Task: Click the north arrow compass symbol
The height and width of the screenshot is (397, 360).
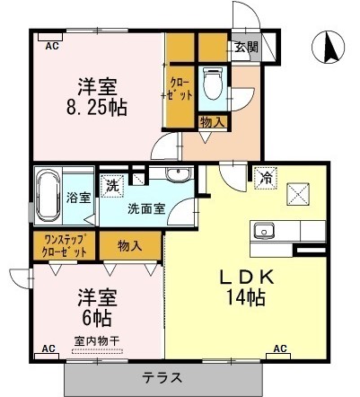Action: [x=329, y=45]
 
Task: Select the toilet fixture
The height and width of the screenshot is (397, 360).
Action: [x=213, y=85]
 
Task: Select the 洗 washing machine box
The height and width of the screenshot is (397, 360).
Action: [x=111, y=186]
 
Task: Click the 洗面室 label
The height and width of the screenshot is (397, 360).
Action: [x=145, y=209]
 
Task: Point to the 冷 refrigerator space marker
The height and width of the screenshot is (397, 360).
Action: [x=265, y=178]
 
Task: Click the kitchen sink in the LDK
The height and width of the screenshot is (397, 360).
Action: [x=265, y=231]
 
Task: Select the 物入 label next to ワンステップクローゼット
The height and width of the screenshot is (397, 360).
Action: [x=129, y=245]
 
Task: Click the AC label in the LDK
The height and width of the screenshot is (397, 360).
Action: [x=279, y=348]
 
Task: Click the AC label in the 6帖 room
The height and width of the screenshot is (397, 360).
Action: [x=48, y=348]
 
